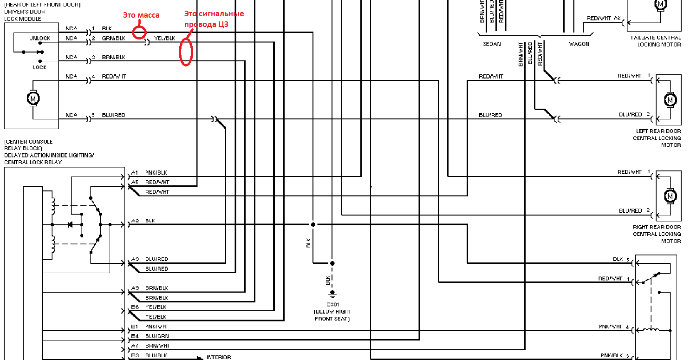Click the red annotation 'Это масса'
click(141, 15)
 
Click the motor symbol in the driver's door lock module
click(33, 98)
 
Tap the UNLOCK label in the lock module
click(39, 38)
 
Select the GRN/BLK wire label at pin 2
click(113, 38)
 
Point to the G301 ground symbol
click(332, 294)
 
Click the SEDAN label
click(492, 44)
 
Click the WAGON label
click(579, 44)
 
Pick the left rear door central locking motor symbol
click(670, 99)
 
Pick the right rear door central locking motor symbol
click(670, 196)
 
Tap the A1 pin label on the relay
click(135, 172)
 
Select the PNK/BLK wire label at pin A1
click(156, 172)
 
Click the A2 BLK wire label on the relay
click(150, 221)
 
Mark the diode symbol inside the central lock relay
click(70, 225)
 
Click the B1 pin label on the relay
click(135, 327)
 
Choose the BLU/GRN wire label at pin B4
click(156, 336)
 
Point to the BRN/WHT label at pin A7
click(157, 346)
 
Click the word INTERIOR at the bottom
click(219, 358)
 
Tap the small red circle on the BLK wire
click(140, 32)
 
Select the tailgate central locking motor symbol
click(660, 4)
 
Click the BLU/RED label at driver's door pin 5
click(113, 115)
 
